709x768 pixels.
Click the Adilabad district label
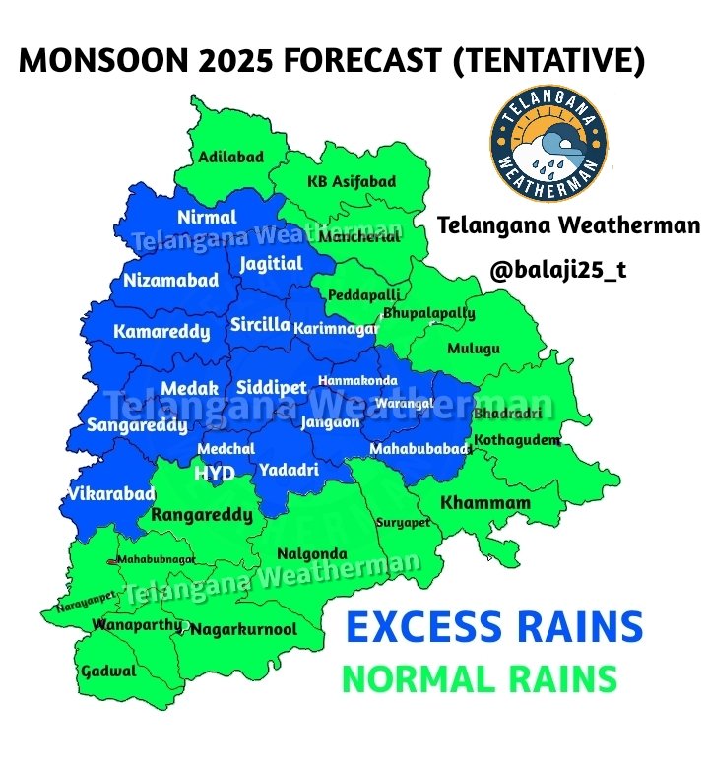230,157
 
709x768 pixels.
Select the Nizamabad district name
171,281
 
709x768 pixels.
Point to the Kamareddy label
161,332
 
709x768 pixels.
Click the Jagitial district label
271,264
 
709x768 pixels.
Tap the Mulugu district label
474,349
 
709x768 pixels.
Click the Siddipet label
272,388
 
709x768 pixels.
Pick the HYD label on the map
215,474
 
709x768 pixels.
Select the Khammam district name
485,503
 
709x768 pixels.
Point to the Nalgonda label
312,553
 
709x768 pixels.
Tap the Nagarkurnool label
243,630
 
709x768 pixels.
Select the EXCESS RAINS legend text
495,627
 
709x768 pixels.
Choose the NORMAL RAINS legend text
479,679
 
